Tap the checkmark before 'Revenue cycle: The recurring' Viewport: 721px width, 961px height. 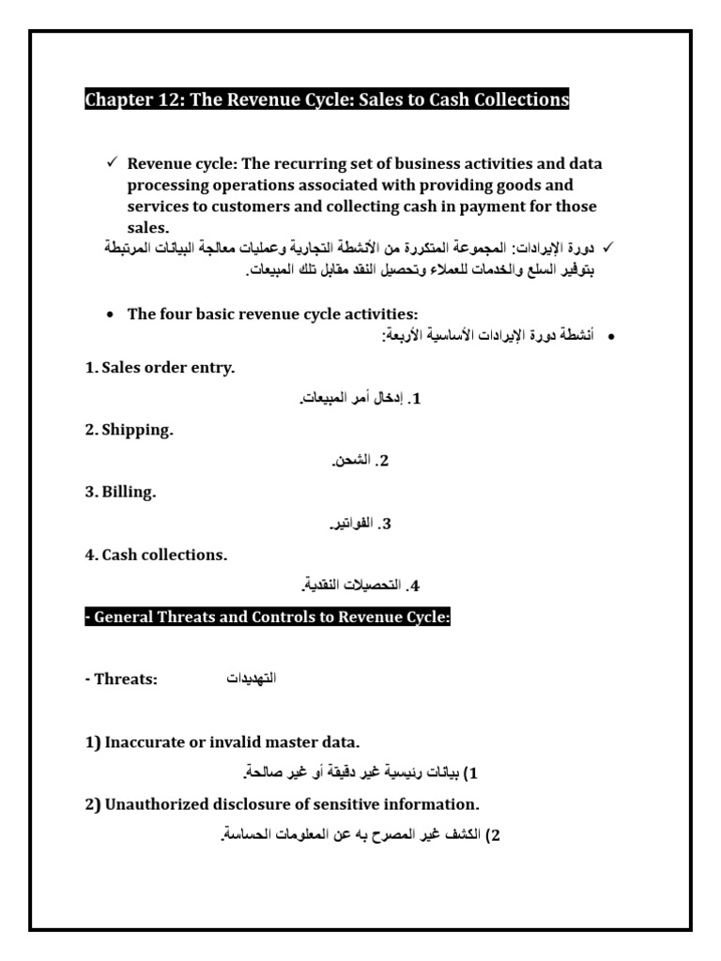[111, 163]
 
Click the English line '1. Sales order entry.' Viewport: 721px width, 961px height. [160, 368]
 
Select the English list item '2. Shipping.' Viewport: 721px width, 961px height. [130, 430]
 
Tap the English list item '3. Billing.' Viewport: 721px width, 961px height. [120, 493]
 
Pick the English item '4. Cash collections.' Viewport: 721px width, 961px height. [156, 555]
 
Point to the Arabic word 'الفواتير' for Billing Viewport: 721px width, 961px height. [347, 523]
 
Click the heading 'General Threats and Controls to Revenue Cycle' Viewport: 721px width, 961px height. [268, 618]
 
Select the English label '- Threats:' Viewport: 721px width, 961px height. [121, 678]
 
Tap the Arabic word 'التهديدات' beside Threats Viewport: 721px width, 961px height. [252, 678]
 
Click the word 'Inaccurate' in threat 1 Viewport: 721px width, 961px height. [145, 742]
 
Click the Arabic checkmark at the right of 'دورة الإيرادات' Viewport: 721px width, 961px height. [606, 247]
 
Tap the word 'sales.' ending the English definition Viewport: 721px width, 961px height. [148, 227]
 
